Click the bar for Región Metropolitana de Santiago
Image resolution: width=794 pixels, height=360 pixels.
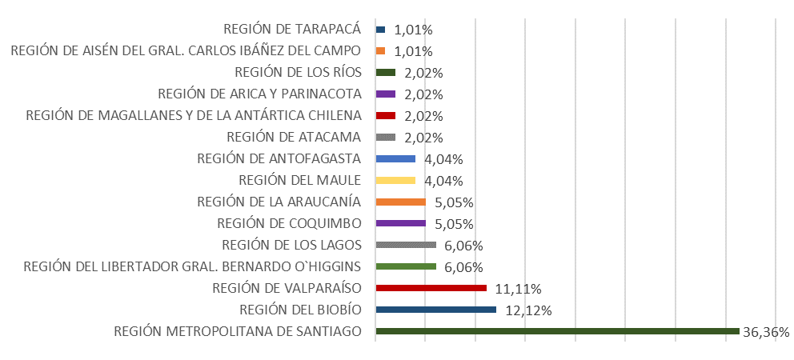point(556,331)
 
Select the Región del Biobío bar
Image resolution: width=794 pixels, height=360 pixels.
point(435,310)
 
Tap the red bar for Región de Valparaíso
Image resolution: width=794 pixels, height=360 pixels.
point(431,288)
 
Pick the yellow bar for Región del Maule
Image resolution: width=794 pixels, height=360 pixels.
point(395,180)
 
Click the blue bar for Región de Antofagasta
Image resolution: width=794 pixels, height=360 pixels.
point(395,158)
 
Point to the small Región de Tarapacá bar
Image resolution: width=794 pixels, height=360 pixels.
point(380,30)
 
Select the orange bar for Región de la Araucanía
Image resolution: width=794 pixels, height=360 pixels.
point(400,202)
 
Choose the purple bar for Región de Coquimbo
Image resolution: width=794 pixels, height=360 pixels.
point(400,223)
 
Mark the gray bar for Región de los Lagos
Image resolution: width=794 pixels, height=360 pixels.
point(406,245)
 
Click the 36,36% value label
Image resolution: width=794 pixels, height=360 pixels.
point(767,332)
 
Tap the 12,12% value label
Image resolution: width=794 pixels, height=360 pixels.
point(528,310)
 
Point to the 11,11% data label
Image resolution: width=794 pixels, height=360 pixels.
point(519,289)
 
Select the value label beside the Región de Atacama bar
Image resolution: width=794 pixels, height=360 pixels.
point(424,138)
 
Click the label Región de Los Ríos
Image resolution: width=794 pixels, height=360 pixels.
point(298,72)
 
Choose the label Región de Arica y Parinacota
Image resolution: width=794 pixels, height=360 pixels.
point(259,94)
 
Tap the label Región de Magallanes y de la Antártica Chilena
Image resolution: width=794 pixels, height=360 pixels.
point(194,115)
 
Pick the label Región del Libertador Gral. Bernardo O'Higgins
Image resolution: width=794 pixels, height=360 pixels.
point(193,266)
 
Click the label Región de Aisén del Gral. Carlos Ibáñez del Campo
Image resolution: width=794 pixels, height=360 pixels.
point(186,51)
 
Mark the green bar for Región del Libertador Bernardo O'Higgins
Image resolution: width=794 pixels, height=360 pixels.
point(406,266)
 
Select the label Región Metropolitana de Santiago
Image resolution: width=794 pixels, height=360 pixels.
point(238,331)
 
